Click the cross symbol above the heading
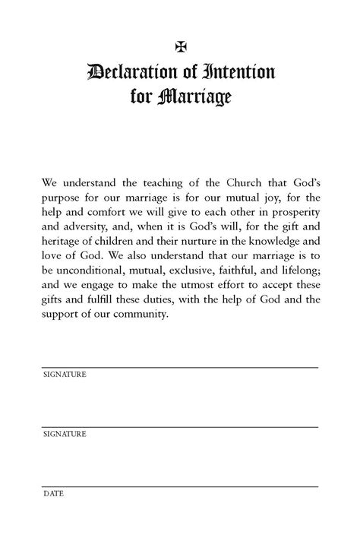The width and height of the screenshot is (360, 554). click(180, 46)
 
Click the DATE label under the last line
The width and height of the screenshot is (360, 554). click(53, 493)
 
